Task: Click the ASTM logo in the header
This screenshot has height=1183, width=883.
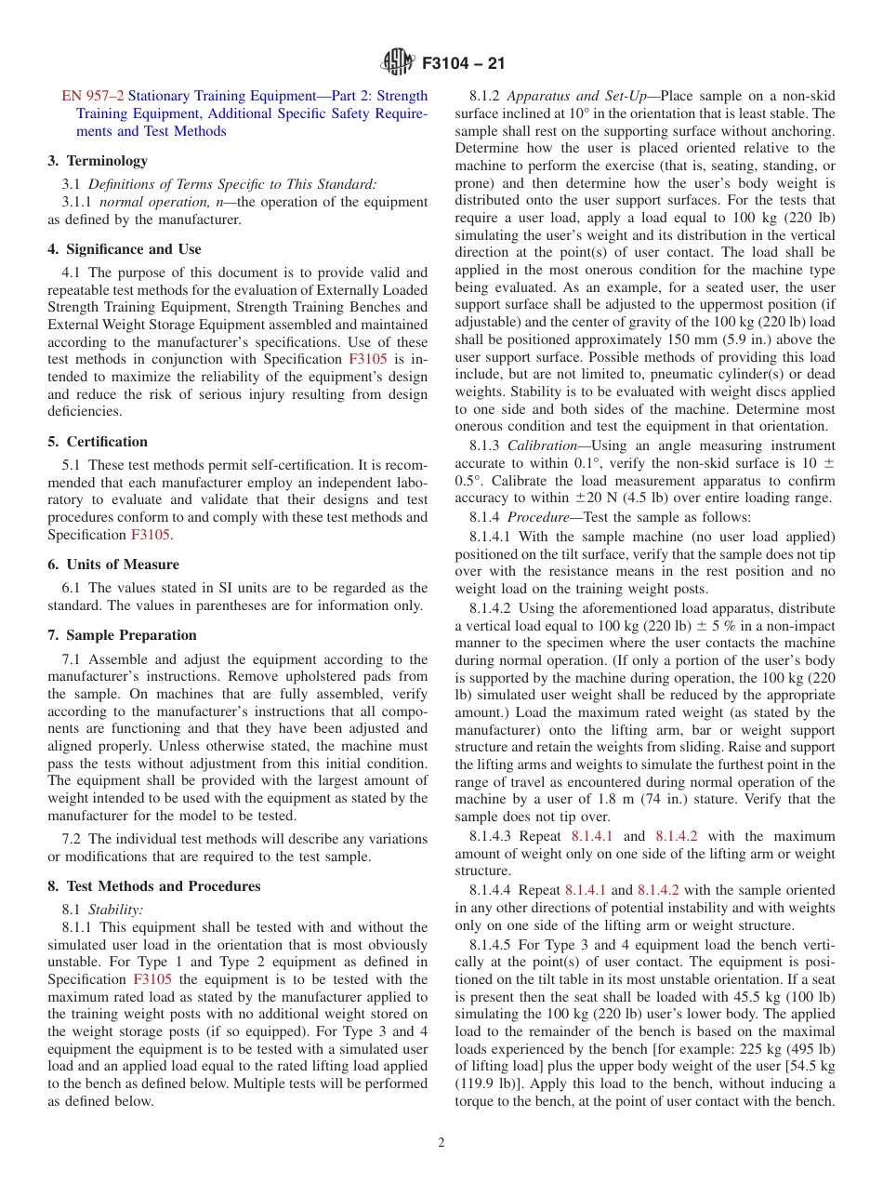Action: (398, 63)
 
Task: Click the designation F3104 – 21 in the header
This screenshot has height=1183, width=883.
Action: (463, 64)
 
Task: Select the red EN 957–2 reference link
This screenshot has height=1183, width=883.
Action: (92, 96)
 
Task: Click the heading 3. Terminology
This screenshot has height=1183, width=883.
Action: (98, 161)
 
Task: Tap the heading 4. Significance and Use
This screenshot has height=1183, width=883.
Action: (124, 249)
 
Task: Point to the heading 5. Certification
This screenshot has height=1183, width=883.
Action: (98, 442)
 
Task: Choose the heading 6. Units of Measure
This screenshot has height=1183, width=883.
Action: (113, 565)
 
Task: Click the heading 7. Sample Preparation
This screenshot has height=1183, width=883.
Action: (122, 635)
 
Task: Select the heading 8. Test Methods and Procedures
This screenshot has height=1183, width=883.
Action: (154, 886)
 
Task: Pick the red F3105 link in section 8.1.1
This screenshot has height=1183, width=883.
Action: (152, 979)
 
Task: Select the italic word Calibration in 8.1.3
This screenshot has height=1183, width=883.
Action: (546, 446)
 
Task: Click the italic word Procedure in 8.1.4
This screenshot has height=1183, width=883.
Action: (542, 517)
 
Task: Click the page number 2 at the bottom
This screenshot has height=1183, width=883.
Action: (441, 1143)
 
